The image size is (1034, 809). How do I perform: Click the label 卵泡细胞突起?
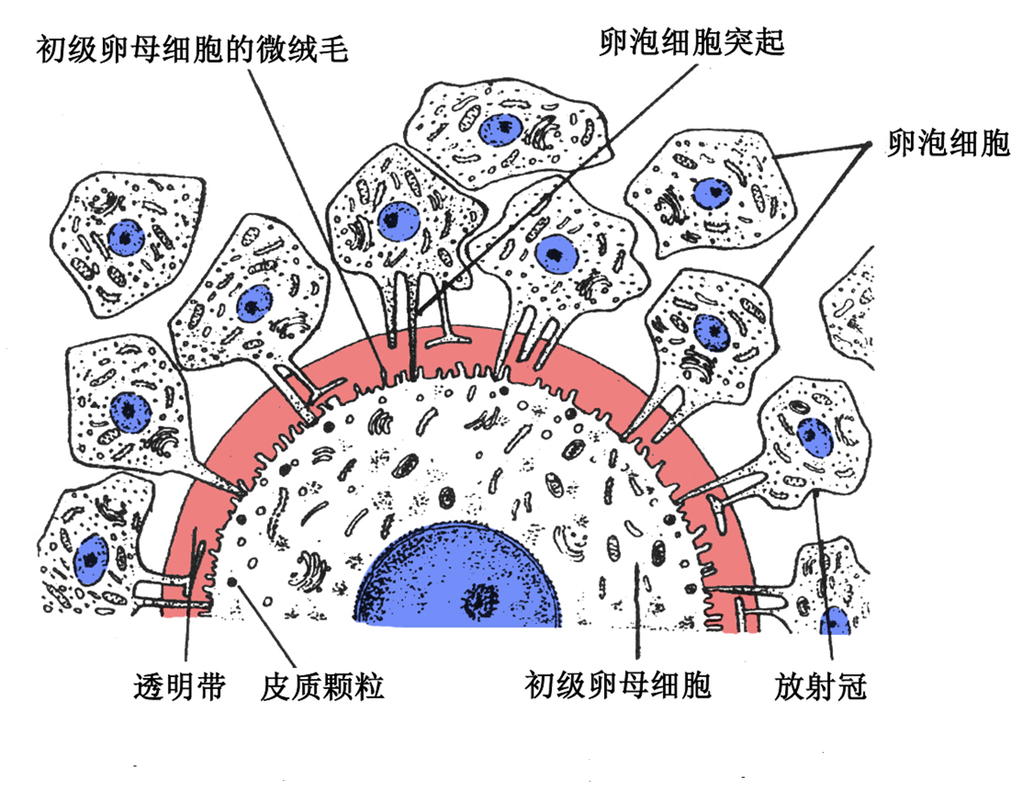[x=691, y=43]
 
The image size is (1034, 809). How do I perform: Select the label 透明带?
[x=179, y=687]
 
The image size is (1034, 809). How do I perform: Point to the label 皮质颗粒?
[x=322, y=687]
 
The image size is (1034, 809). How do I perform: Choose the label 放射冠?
[x=820, y=687]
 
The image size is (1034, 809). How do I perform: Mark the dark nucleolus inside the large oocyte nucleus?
[x=481, y=599]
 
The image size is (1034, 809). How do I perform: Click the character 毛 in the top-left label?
[x=333, y=50]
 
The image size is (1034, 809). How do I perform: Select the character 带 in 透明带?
[x=210, y=687]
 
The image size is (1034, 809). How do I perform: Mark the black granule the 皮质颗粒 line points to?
[x=233, y=581]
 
